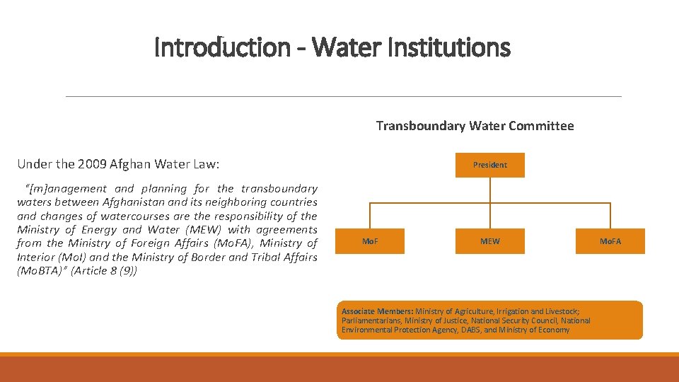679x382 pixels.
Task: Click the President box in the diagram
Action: pos(489,165)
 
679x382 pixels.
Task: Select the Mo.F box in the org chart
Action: pos(369,241)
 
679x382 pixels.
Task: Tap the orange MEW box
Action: pos(489,241)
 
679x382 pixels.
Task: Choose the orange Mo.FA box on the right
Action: pos(610,241)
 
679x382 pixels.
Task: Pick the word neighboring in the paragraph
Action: pos(233,202)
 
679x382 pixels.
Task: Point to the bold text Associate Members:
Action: pos(377,311)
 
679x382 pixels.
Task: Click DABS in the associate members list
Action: pos(469,330)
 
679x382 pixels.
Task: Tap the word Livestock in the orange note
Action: pos(560,311)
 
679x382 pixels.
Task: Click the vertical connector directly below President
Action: pos(489,190)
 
